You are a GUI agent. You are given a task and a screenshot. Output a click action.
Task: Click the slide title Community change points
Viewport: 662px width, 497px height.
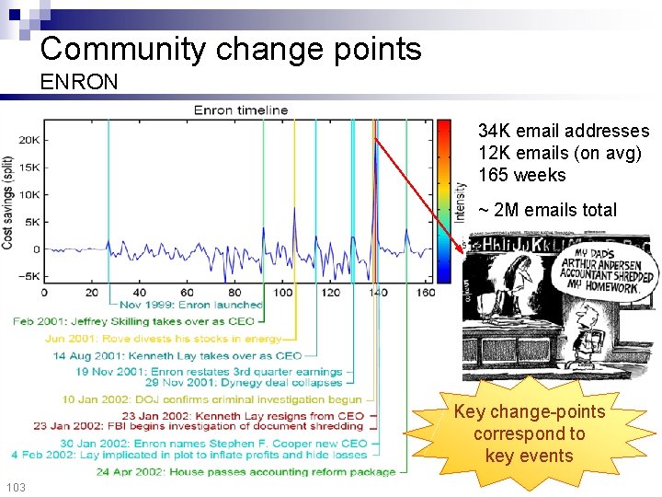[x=231, y=48]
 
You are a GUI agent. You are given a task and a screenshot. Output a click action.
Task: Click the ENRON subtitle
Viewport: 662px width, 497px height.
[x=79, y=82]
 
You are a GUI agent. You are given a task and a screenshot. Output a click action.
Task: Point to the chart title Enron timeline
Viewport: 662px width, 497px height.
[x=241, y=110]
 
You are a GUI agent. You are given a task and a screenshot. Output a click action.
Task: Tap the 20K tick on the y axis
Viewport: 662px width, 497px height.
[x=29, y=140]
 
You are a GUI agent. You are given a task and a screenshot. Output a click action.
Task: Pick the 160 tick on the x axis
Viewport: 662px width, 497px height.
[x=424, y=293]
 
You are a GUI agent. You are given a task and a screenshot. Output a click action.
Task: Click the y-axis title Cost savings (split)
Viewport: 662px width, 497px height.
[x=8, y=202]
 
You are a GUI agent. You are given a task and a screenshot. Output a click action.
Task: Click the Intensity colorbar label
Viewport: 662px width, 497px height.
[x=460, y=201]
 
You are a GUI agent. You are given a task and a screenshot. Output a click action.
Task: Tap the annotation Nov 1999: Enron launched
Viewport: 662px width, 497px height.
[x=191, y=305]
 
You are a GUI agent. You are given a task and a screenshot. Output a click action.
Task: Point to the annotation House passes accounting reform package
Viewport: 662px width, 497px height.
[x=245, y=472]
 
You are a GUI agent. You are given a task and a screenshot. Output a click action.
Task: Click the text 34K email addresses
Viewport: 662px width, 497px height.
[x=564, y=132]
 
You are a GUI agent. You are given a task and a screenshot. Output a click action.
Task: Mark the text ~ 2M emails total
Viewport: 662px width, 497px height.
[x=548, y=210]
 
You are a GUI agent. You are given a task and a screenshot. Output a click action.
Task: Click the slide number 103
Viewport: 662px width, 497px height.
[x=16, y=487]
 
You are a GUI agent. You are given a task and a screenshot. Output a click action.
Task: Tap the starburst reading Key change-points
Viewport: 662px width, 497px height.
[x=529, y=433]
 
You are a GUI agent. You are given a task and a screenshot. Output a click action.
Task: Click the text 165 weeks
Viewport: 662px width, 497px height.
[x=522, y=175]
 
